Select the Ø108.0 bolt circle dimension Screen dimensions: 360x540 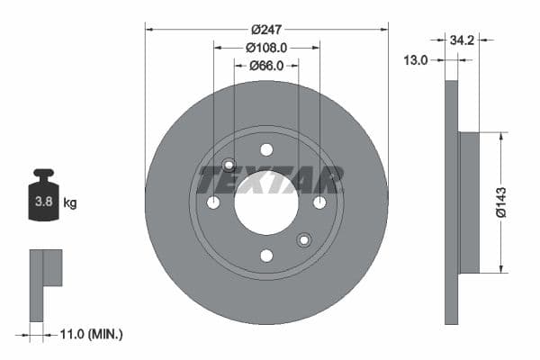[266, 47]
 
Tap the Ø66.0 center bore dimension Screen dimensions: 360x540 [266, 66]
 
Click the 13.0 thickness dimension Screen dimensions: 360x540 [416, 59]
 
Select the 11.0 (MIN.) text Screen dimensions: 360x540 [90, 334]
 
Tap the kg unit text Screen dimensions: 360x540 [70, 203]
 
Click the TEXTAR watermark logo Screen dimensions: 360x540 [270, 180]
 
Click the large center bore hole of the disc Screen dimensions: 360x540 [266, 203]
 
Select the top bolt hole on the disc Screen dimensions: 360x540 [266, 149]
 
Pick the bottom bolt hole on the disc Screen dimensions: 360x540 [266, 256]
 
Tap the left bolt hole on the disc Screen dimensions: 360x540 [213, 202]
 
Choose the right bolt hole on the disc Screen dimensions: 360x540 [319, 202]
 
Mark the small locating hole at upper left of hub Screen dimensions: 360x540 [229, 165]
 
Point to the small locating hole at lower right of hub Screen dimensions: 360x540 [304, 240]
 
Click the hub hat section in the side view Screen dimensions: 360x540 [469, 202]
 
